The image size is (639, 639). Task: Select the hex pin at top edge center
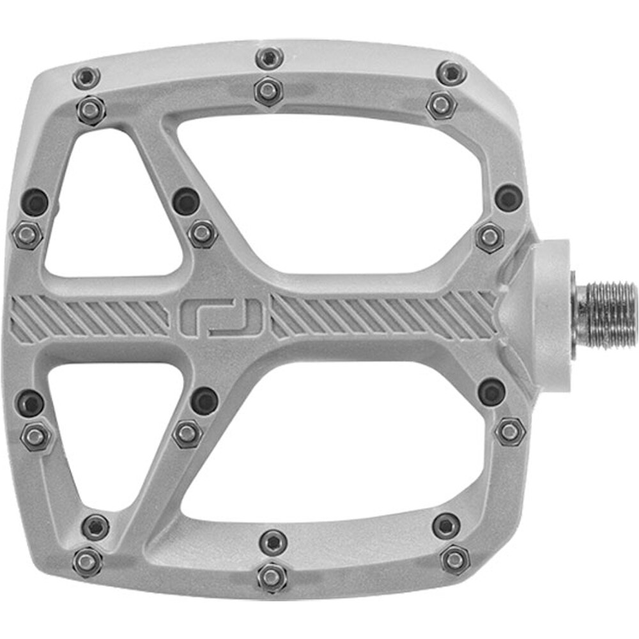268,90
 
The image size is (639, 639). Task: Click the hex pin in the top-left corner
91,110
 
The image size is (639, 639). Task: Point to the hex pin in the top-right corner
442,104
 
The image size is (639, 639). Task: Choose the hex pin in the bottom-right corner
455,560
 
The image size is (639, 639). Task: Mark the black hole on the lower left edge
30,403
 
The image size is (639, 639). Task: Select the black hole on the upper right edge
509,197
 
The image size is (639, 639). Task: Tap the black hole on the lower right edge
491,391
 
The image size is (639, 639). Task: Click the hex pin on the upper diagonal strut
203,233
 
